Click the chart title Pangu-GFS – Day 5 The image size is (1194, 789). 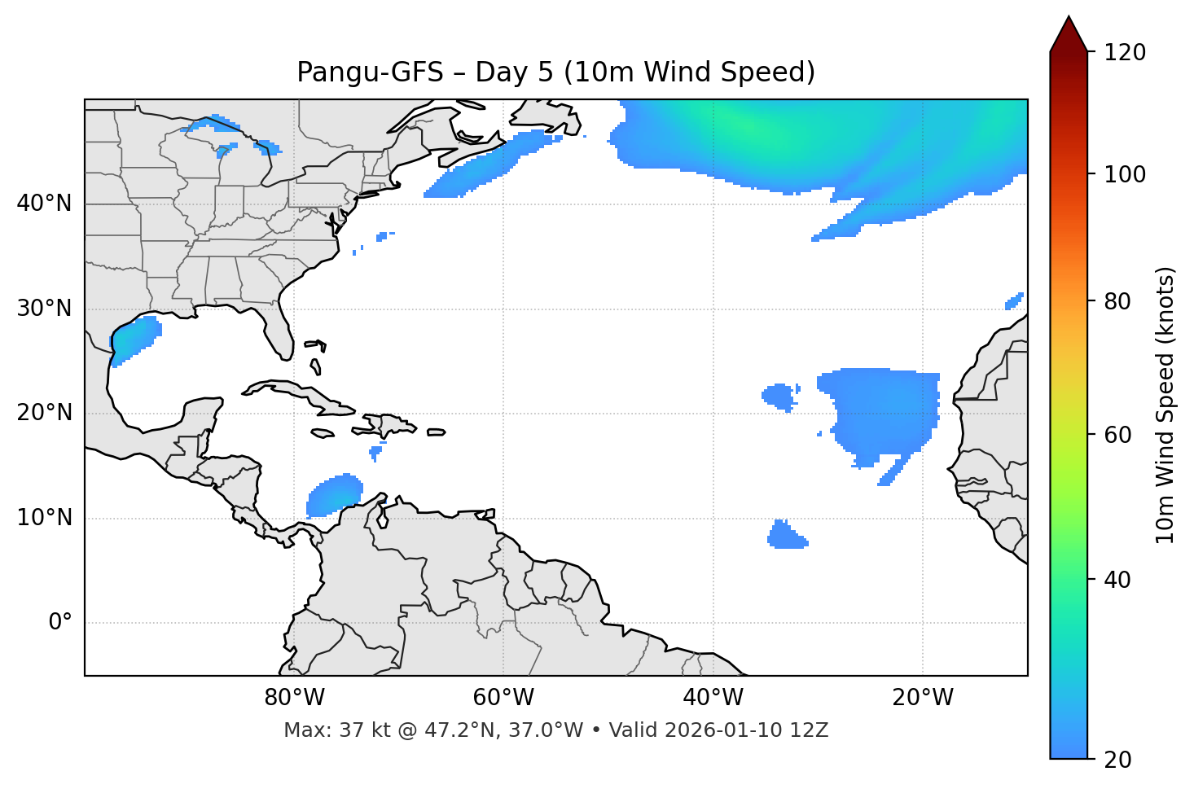555,72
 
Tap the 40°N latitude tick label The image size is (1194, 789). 44,204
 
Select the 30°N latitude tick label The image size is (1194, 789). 44,309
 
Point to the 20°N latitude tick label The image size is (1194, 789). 44,413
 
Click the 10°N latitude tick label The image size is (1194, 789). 44,518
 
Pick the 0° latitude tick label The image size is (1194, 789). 60,623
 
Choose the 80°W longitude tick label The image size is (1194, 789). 294,698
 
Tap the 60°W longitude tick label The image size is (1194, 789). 503,698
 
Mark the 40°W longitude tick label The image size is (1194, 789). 713,698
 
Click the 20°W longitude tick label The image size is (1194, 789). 923,698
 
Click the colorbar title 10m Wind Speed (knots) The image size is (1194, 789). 1165,405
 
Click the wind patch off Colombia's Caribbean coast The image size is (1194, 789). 335,495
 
